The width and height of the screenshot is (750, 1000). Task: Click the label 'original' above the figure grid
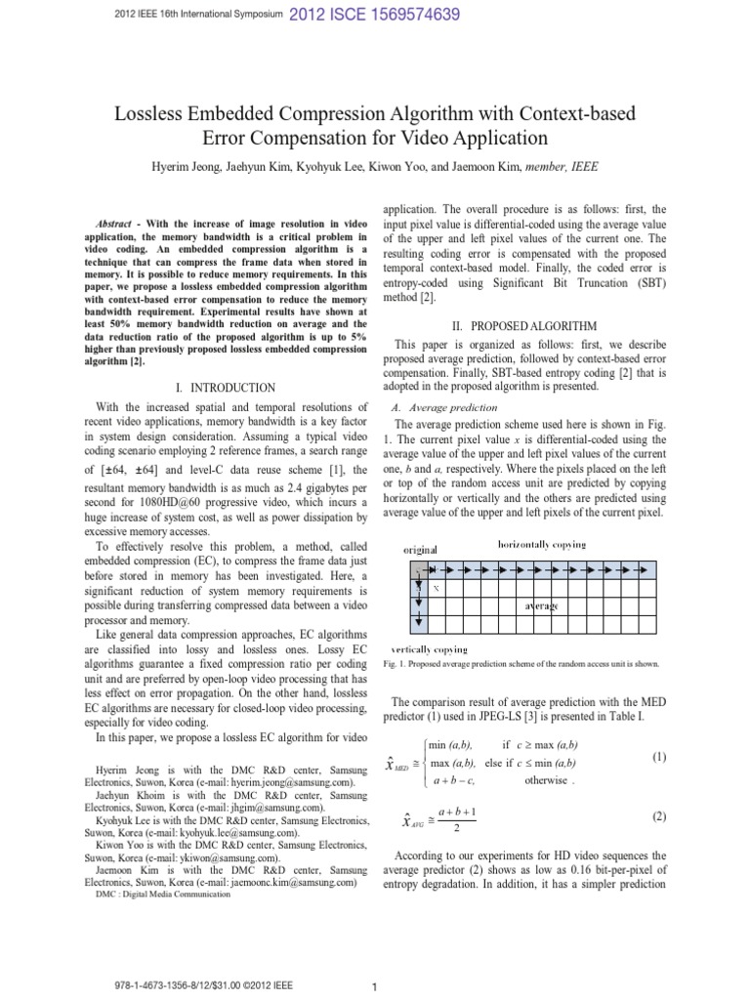pos(421,549)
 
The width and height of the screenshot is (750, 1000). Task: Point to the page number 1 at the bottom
pos(375,988)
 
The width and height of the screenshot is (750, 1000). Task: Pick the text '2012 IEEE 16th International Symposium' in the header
pos(185,15)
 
